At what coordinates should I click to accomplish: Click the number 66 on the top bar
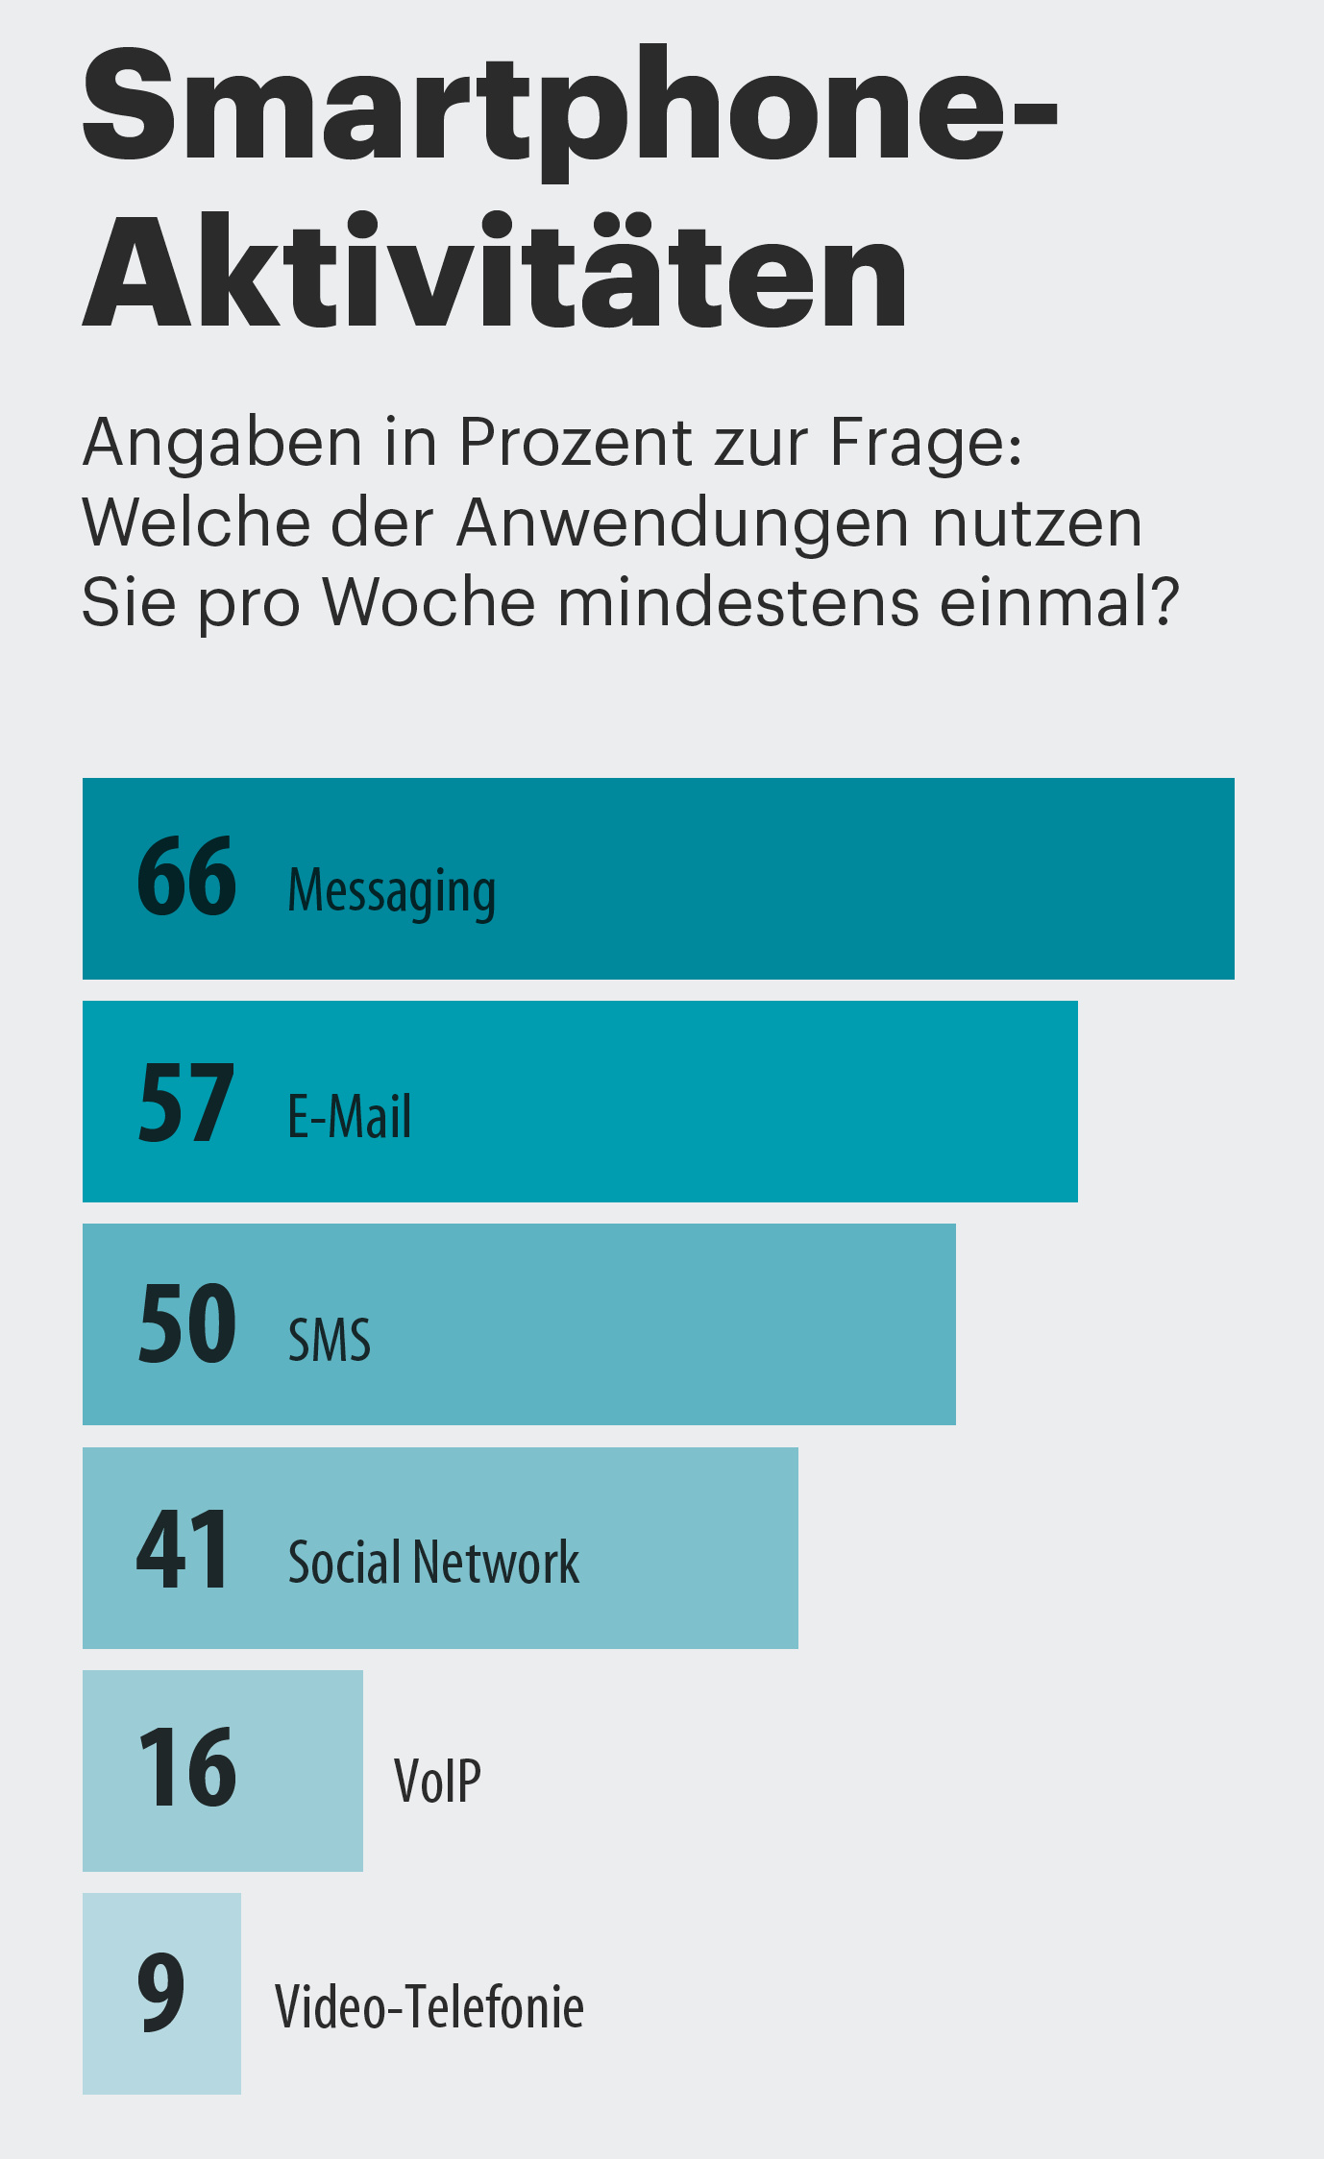coord(186,877)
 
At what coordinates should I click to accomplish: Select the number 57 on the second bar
coord(186,1103)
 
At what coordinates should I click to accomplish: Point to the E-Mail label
coord(350,1117)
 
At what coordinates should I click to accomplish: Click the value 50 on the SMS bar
coord(187,1324)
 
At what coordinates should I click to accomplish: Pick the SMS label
coord(330,1340)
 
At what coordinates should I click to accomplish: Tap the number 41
coord(183,1548)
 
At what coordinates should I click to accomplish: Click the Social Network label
coord(433,1563)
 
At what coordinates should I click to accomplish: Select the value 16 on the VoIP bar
coord(187,1768)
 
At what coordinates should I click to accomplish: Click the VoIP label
coord(437,1782)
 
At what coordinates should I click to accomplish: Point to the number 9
coord(160,1994)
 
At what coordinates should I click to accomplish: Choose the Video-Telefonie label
coord(429,2007)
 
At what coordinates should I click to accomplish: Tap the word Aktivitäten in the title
coord(495,272)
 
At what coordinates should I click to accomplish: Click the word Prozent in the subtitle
coord(575,443)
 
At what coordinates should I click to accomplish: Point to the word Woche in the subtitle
coord(429,603)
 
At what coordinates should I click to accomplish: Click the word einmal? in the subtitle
coord(1059,603)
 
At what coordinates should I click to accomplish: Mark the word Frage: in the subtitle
coord(926,443)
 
